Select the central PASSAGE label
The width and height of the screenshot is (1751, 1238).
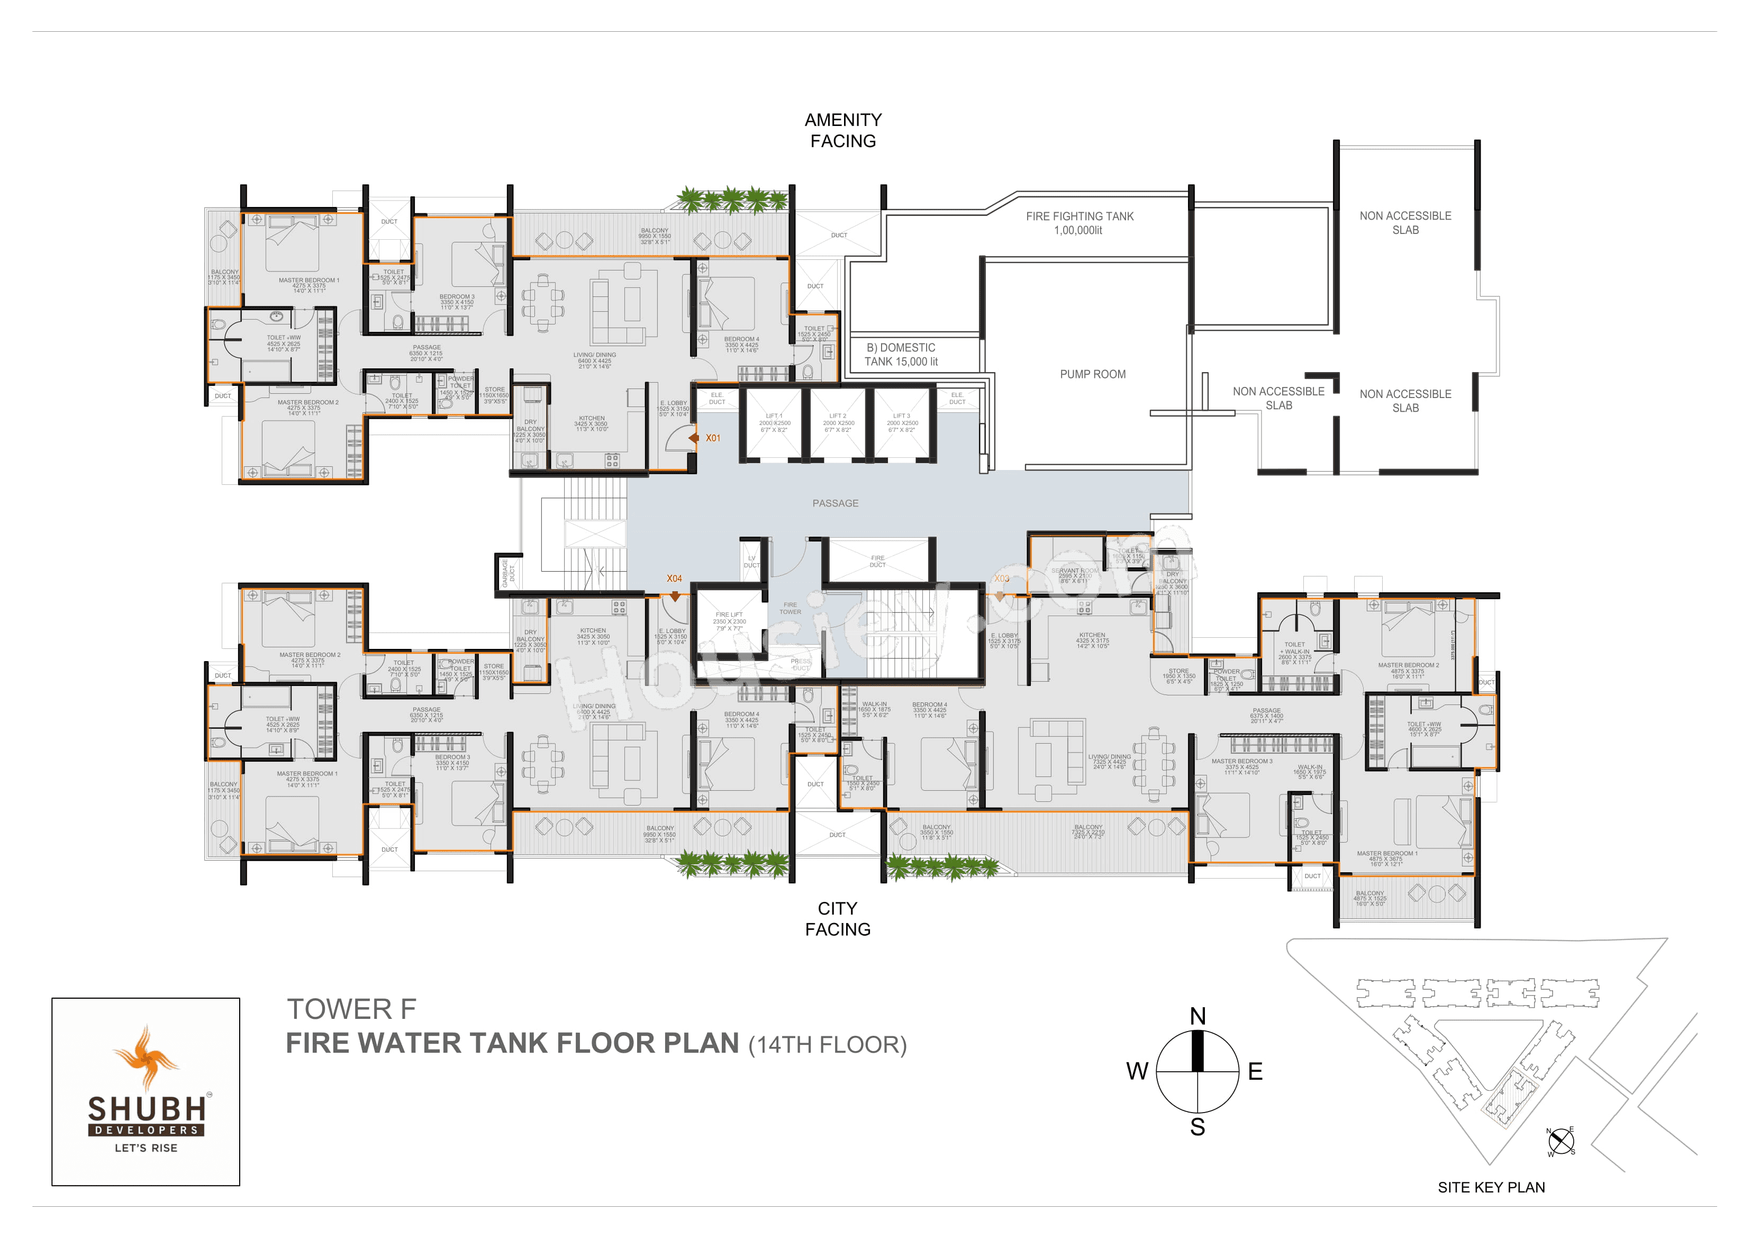[x=835, y=503]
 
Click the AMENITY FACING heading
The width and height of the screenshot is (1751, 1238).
[x=843, y=130]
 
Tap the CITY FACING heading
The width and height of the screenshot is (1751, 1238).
[x=837, y=918]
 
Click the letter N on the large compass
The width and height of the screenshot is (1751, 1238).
[x=1197, y=1016]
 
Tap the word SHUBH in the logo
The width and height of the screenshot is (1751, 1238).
[x=147, y=1108]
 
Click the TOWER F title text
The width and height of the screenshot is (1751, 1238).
[x=351, y=1009]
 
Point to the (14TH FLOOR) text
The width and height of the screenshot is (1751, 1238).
[x=828, y=1044]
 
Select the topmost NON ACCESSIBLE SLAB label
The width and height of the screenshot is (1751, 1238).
[x=1405, y=223]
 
